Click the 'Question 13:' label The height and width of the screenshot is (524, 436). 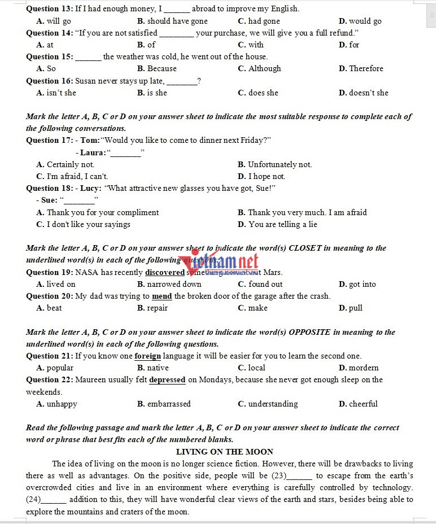pyautogui.click(x=50, y=9)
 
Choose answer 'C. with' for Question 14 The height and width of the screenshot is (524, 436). pyautogui.click(x=251, y=45)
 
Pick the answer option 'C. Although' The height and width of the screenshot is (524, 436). pyautogui.click(x=259, y=68)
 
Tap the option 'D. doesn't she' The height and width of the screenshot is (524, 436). pyautogui.click(x=363, y=93)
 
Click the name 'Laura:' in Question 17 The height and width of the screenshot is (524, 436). pyautogui.click(x=93, y=152)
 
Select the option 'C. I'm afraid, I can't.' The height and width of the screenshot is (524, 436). pyautogui.click(x=72, y=176)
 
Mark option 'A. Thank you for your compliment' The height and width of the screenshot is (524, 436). pyautogui.click(x=97, y=212)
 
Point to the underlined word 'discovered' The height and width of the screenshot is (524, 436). pyautogui.click(x=165, y=272)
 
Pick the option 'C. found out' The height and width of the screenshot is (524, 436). pyautogui.click(x=260, y=284)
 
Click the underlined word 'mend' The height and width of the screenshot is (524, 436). pyautogui.click(x=162, y=296)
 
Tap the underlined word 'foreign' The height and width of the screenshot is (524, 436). pyautogui.click(x=147, y=356)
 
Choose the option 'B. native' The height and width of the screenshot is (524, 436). pyautogui.click(x=152, y=368)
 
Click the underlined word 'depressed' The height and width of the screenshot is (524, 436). pyautogui.click(x=167, y=380)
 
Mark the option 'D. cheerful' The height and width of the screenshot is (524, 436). pyautogui.click(x=358, y=404)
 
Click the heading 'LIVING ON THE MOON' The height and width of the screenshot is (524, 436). pyautogui.click(x=225, y=452)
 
